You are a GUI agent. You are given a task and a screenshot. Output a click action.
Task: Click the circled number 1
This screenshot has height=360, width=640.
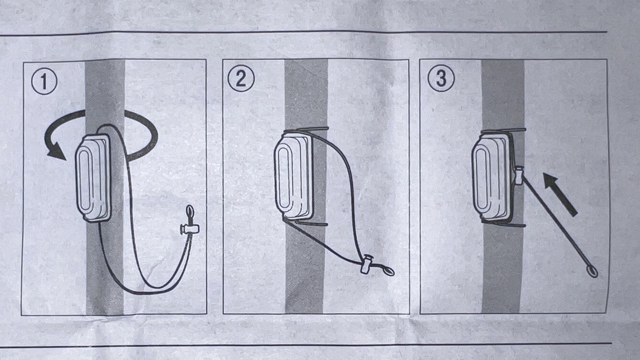(x=44, y=82)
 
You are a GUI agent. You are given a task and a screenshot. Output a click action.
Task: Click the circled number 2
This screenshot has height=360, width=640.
(x=241, y=78)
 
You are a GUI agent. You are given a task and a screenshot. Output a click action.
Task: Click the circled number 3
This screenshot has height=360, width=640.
(x=441, y=78)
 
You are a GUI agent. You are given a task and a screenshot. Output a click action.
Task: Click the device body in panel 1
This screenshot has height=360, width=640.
(x=93, y=178)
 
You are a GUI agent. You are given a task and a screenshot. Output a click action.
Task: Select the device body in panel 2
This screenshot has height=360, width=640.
(x=293, y=177)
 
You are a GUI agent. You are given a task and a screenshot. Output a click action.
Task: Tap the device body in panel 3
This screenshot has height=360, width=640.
(x=491, y=177)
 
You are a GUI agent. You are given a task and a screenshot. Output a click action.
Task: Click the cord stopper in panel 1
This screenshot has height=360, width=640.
(x=190, y=228)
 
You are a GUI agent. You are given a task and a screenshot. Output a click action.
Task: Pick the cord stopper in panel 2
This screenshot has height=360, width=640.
(x=366, y=265)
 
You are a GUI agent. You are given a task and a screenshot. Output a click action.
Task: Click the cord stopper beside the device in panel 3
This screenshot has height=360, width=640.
(x=518, y=175)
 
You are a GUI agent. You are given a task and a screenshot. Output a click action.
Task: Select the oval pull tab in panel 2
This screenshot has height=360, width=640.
(x=388, y=271)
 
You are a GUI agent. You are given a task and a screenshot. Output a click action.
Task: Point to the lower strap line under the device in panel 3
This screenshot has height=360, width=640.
(x=503, y=223)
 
